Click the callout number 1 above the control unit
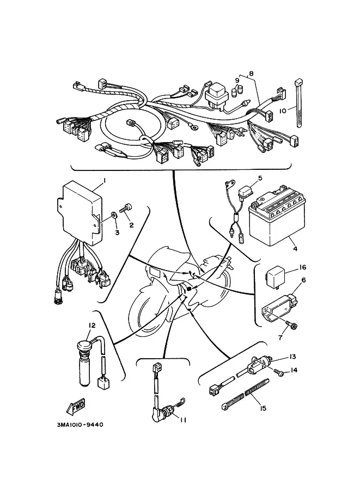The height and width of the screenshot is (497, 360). pos(104,180)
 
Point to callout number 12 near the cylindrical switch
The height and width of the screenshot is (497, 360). pos(92,325)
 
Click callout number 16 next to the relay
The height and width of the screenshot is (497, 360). pos(302,268)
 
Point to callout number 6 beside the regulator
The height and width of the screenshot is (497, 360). pos(303,280)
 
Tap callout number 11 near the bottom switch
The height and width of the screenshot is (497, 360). pos(184,420)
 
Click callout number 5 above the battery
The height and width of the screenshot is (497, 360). pos(260,177)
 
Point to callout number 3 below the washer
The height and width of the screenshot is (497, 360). pos(116,232)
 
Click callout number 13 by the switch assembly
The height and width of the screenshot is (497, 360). pos(292,357)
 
